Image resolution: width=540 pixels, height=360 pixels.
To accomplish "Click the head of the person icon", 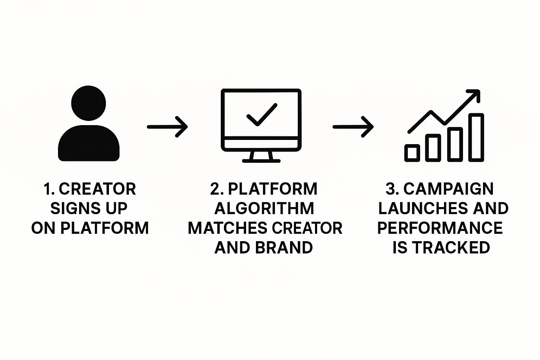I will click(89, 103).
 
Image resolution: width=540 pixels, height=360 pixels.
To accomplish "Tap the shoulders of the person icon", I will click(89, 144).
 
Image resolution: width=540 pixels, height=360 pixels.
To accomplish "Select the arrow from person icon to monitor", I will click(167, 127).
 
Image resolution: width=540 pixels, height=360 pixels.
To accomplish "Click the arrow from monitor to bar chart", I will click(353, 127).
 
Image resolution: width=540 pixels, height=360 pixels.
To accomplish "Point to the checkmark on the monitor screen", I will click(262, 115).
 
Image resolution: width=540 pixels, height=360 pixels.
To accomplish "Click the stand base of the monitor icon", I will click(261, 161).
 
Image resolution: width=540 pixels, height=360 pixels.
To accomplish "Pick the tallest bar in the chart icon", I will click(476, 137).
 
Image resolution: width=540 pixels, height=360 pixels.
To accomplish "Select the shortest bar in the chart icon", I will click(412, 153).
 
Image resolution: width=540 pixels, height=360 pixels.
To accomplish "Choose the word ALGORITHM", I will click(264, 208).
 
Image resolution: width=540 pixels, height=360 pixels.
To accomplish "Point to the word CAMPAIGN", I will click(448, 189).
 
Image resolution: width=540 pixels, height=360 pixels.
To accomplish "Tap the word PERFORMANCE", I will click(440, 228).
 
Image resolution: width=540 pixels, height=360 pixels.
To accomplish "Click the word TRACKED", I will click(451, 248).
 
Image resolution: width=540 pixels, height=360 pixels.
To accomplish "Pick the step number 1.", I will click(48, 189).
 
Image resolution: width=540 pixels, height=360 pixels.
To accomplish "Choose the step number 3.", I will click(391, 189).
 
